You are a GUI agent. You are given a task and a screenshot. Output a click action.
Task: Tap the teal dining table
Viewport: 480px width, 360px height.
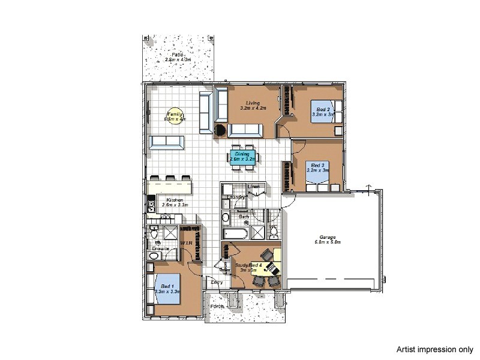[242, 157]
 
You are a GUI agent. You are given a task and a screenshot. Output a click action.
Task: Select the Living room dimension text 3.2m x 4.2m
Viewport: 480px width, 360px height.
[252, 109]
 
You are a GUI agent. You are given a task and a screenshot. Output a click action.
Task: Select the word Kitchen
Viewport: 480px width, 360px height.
[175, 200]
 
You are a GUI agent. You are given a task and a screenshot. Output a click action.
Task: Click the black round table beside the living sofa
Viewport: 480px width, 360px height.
[220, 130]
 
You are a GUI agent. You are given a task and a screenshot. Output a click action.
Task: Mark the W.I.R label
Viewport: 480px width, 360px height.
[186, 243]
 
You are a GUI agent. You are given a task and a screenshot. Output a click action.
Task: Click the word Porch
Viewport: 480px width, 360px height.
[217, 307]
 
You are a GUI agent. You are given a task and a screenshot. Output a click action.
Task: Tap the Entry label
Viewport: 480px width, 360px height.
[217, 282]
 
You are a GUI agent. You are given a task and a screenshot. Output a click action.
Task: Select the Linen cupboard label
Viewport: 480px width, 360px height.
[253, 187]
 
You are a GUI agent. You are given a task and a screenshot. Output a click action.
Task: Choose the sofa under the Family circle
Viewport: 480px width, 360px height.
[167, 142]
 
